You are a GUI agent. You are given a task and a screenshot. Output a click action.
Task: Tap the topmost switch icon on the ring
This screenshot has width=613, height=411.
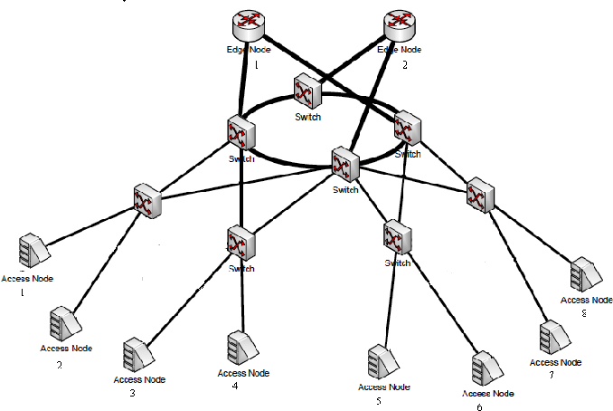308,93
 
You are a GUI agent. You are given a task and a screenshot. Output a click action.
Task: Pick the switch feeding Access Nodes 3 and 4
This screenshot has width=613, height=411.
240,244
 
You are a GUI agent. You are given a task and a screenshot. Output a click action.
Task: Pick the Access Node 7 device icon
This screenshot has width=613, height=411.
553,338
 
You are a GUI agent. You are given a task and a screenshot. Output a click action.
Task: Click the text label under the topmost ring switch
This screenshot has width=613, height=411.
308,117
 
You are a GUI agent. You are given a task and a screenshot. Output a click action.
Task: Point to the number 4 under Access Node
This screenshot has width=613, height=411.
234,386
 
